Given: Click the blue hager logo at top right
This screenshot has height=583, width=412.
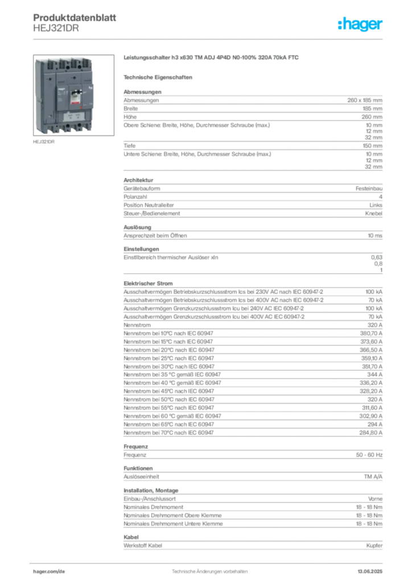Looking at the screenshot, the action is pos(361,25).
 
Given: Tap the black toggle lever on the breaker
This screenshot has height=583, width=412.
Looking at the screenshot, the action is pos(73,96).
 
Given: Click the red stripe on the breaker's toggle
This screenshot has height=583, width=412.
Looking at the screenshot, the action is pos(73,101).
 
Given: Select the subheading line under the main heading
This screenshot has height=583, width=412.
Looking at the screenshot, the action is pos(160,76).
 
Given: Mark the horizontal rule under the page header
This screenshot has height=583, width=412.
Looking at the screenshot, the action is pos(209,39).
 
